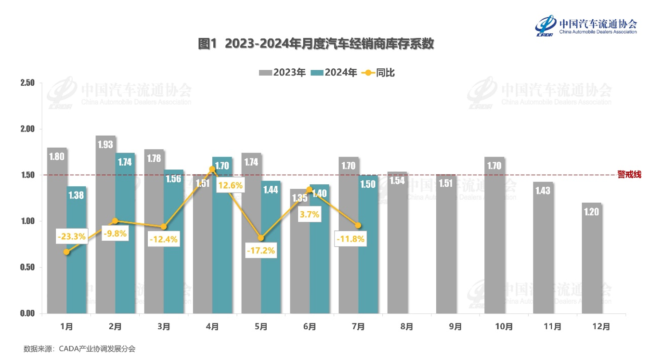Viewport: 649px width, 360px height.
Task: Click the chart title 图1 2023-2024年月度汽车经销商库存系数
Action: click(x=316, y=44)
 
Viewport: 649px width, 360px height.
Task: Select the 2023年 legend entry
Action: click(x=283, y=73)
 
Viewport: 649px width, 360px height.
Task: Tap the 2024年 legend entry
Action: click(x=334, y=73)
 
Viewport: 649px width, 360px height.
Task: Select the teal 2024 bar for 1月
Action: click(x=76, y=250)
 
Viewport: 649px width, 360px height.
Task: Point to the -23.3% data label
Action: click(x=71, y=236)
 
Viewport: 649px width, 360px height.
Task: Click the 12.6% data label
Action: click(x=230, y=185)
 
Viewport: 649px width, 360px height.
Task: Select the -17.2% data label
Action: click(x=260, y=251)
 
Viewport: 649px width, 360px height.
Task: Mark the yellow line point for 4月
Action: click(x=212, y=169)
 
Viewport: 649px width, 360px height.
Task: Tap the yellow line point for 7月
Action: click(x=358, y=225)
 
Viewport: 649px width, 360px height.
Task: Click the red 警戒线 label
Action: click(x=630, y=175)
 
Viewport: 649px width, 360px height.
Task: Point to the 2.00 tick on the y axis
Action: click(x=27, y=129)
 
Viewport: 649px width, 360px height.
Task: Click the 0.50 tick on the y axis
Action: click(x=27, y=267)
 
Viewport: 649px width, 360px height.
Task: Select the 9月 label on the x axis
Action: click(x=455, y=326)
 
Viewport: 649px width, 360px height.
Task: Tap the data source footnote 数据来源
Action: click(x=79, y=349)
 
